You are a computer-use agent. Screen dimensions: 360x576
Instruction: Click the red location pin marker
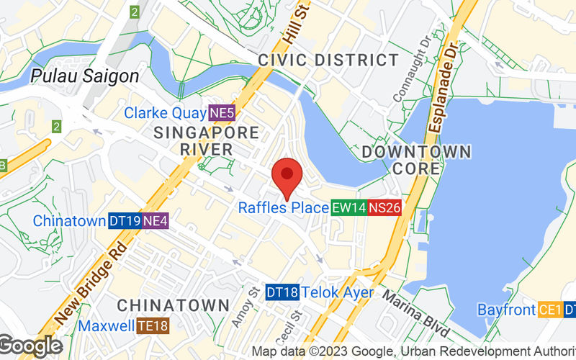[x=287, y=175]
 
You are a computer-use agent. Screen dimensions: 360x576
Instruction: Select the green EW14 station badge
[x=348, y=208]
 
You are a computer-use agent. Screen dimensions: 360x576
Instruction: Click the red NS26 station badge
[x=384, y=208]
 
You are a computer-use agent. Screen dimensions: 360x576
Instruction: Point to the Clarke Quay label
[x=165, y=113]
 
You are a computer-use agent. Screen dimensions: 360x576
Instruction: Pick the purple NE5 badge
[x=222, y=113]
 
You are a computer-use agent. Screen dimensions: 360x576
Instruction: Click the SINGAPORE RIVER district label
[x=206, y=141]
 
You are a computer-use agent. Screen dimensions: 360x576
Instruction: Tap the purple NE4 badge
[x=156, y=221]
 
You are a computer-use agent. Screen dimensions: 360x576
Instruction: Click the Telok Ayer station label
[x=338, y=292]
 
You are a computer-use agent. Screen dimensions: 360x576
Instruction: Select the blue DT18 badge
[x=282, y=292]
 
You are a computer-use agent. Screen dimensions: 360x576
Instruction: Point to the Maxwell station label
[x=107, y=326]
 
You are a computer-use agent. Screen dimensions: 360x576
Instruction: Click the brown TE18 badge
[x=153, y=326]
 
